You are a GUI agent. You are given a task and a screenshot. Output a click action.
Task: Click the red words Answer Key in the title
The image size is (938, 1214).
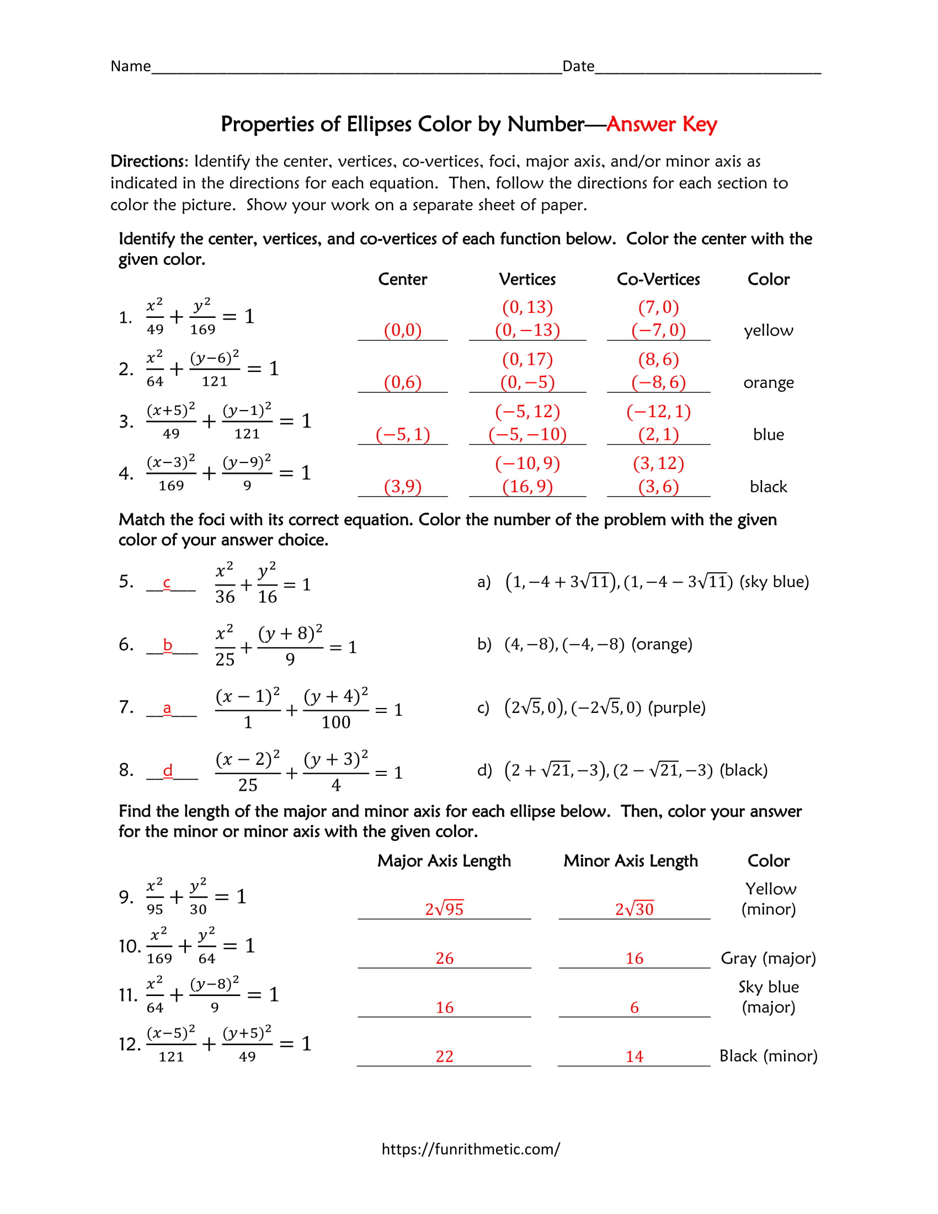(661, 124)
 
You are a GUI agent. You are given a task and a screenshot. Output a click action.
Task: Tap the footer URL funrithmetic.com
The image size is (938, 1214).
(470, 1149)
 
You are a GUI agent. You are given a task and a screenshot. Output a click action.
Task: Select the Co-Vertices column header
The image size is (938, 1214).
(658, 279)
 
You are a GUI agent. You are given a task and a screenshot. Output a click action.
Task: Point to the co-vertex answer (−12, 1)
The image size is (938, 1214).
(658, 411)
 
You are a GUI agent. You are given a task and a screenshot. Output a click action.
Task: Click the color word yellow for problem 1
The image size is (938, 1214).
(768, 331)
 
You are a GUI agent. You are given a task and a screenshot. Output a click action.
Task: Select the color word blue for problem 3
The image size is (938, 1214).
(768, 435)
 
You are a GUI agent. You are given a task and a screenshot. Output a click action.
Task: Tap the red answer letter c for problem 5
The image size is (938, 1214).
(166, 583)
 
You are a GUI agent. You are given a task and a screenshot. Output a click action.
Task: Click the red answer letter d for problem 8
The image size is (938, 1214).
(167, 770)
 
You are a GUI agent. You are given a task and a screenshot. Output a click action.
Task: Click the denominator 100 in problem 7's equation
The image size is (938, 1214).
(335, 722)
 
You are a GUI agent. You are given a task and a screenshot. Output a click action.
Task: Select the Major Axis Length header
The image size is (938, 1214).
(444, 860)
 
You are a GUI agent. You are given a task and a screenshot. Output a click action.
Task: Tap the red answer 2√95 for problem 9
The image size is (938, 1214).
(444, 909)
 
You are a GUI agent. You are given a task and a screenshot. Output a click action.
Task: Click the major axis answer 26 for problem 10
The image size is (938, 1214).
(444, 958)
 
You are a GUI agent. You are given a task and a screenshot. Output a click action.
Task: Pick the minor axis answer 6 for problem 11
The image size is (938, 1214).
(634, 1007)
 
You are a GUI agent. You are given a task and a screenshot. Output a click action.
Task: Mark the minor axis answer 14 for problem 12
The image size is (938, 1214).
(634, 1056)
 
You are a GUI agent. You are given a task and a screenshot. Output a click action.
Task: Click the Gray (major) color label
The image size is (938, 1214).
(768, 958)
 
